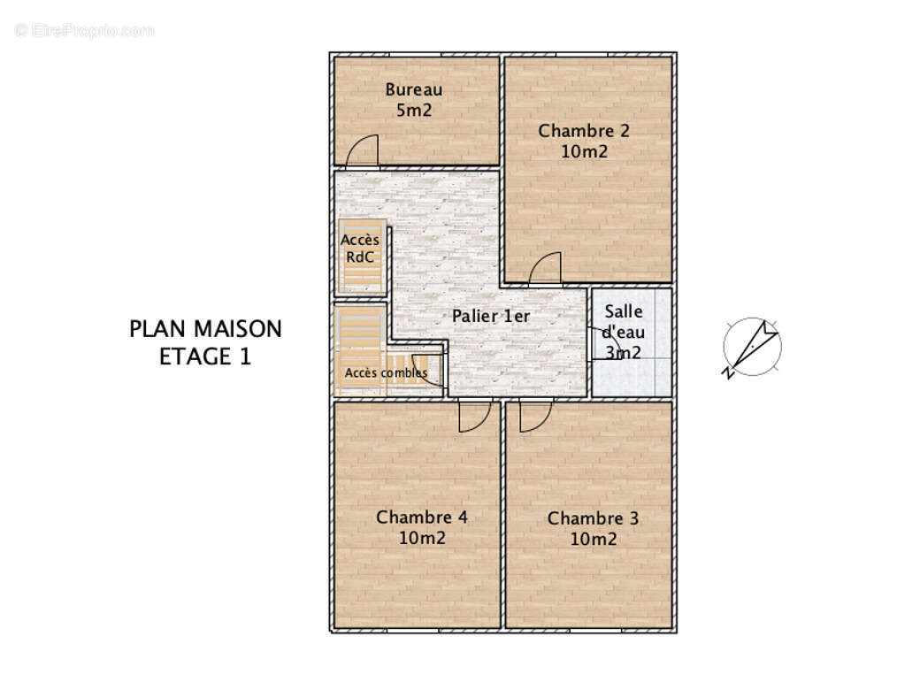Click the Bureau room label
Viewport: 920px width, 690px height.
pyautogui.click(x=413, y=89)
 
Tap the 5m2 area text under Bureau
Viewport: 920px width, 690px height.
pyautogui.click(x=413, y=110)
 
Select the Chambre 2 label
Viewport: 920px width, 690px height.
pyautogui.click(x=584, y=131)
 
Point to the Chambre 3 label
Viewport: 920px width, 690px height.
pyautogui.click(x=593, y=518)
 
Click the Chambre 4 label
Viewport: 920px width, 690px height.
pyautogui.click(x=421, y=517)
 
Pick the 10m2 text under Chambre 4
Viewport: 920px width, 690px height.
pyautogui.click(x=421, y=538)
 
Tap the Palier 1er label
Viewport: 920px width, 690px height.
pyautogui.click(x=491, y=316)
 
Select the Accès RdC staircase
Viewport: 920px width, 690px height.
pyautogui.click(x=361, y=255)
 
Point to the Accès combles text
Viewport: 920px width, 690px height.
pyautogui.click(x=386, y=372)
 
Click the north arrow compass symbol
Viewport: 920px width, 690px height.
pyautogui.click(x=752, y=347)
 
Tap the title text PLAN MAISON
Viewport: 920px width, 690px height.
pyautogui.click(x=205, y=329)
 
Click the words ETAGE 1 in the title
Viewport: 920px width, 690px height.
pyautogui.click(x=205, y=356)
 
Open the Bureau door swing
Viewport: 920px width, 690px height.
pyautogui.click(x=362, y=151)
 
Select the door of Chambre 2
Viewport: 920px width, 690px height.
pyautogui.click(x=545, y=270)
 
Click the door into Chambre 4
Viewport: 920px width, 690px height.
pyautogui.click(x=475, y=415)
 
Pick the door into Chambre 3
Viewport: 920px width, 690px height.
pyautogui.click(x=535, y=415)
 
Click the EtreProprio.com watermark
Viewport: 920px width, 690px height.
pyautogui.click(x=85, y=30)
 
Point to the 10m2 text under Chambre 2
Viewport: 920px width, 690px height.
pyautogui.click(x=584, y=151)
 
